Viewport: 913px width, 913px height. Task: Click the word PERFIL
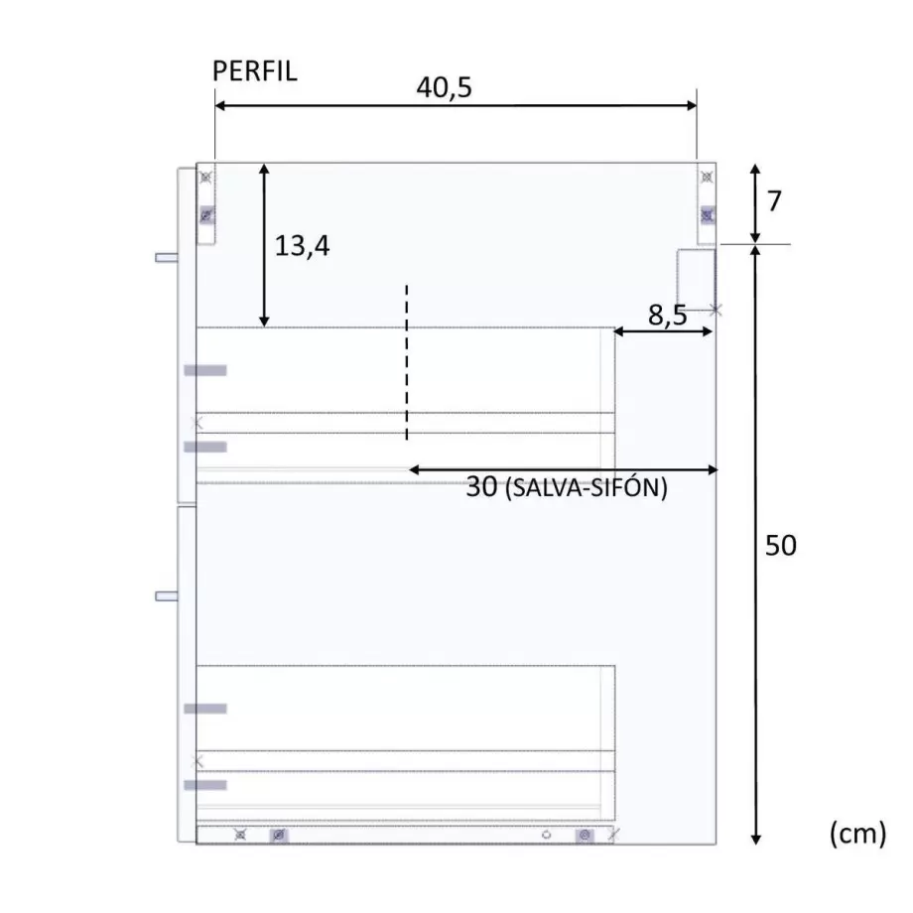254,71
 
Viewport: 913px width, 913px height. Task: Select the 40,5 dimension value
444,87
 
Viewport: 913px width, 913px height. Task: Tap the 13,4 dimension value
302,246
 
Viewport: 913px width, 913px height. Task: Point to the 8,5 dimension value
667,315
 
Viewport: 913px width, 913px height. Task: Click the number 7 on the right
774,201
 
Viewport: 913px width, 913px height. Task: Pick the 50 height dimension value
780,546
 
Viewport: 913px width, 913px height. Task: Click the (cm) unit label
857,834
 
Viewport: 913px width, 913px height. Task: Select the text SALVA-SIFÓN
587,488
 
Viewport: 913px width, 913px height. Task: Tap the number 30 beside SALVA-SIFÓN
481,487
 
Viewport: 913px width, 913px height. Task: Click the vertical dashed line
407,362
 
